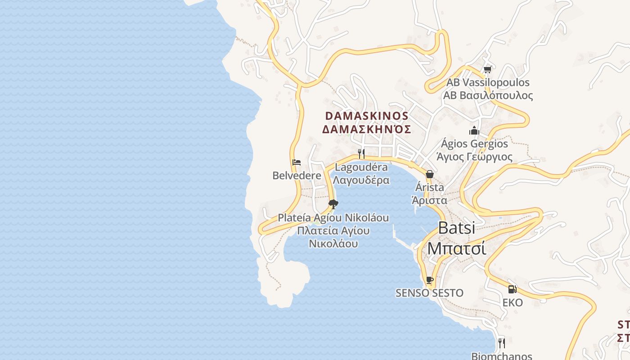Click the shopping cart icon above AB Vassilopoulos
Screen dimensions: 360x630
click(x=487, y=70)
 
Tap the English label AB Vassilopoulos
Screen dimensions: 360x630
click(x=488, y=83)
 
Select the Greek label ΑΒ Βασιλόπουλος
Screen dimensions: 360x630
click(x=488, y=95)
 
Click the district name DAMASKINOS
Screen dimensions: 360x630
click(x=366, y=116)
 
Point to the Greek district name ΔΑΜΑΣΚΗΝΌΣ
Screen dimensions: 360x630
click(x=366, y=130)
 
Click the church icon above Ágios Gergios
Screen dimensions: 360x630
click(x=474, y=131)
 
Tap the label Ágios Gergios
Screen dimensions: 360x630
click(x=474, y=144)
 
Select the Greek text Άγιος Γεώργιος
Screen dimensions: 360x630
click(x=474, y=157)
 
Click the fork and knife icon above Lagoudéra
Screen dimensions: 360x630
click(x=361, y=154)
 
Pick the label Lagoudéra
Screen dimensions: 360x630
click(x=361, y=167)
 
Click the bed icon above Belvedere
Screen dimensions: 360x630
click(x=296, y=162)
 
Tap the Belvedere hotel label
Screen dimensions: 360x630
click(x=297, y=175)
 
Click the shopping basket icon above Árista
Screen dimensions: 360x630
click(x=430, y=174)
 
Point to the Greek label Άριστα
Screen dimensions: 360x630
click(x=430, y=200)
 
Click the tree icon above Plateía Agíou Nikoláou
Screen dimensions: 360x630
click(x=333, y=205)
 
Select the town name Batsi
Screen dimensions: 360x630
click(x=456, y=228)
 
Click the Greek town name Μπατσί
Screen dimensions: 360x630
click(x=456, y=248)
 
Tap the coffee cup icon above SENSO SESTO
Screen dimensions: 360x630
click(x=429, y=280)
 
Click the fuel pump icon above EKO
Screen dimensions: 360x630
click(x=512, y=289)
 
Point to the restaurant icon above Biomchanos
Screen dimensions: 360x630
click(x=501, y=343)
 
